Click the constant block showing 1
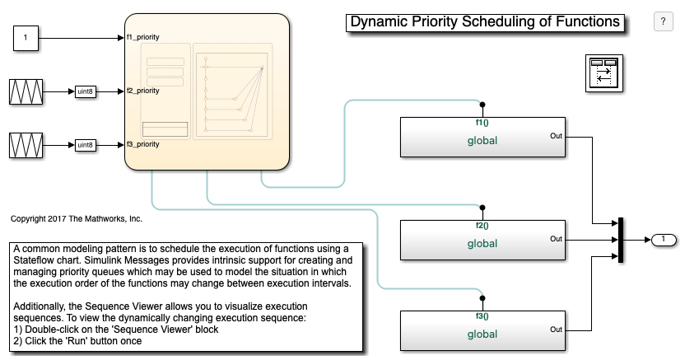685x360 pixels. pyautogui.click(x=26, y=38)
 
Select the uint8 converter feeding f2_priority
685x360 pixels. pyautogui.click(x=85, y=91)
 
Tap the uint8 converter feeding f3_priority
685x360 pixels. pyautogui.click(x=85, y=145)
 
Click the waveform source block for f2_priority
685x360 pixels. pyautogui.click(x=26, y=91)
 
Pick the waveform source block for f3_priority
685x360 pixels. pyautogui.click(x=26, y=145)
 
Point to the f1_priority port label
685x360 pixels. pyautogui.click(x=143, y=37)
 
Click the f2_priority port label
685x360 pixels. pyautogui.click(x=143, y=91)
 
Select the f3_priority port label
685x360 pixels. pyautogui.click(x=143, y=144)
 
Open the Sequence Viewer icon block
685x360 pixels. pyautogui.click(x=604, y=73)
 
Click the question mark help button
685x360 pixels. pyautogui.click(x=663, y=21)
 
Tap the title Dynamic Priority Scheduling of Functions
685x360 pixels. pyautogui.click(x=485, y=22)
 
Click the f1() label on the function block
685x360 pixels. pyautogui.click(x=482, y=123)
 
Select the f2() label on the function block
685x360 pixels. pyautogui.click(x=482, y=226)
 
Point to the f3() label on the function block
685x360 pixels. pyautogui.click(x=482, y=316)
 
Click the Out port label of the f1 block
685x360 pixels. pyautogui.click(x=556, y=136)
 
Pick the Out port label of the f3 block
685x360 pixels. pyautogui.click(x=556, y=330)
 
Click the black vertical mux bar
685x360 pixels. pyautogui.click(x=620, y=240)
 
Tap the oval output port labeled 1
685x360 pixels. pyautogui.click(x=664, y=240)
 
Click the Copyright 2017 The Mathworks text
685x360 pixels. pyautogui.click(x=77, y=219)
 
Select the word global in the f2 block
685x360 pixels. pyautogui.click(x=482, y=243)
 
